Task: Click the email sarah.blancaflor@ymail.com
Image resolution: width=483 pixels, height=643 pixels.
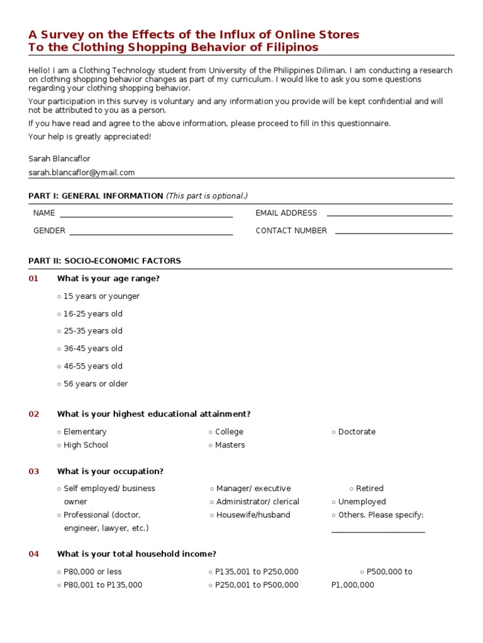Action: tap(81, 173)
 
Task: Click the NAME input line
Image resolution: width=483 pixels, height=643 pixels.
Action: tap(146, 214)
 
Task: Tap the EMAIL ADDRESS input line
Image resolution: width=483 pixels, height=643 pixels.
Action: tap(389, 214)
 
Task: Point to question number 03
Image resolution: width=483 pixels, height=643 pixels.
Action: tap(33, 472)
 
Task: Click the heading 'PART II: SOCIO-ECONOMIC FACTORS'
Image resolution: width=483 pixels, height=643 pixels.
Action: tap(104, 261)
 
